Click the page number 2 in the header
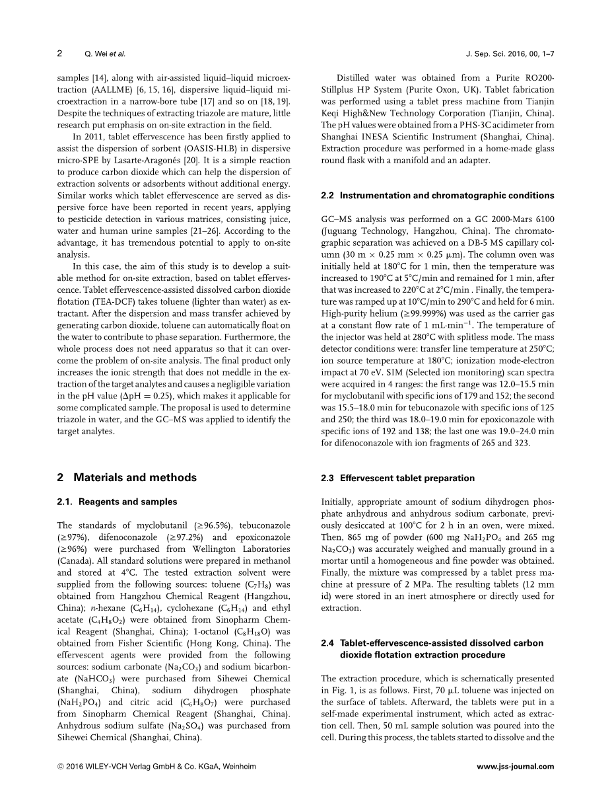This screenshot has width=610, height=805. [x=59, y=53]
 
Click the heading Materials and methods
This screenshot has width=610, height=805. [x=135, y=477]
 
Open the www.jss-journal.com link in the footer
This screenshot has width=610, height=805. [x=515, y=767]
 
